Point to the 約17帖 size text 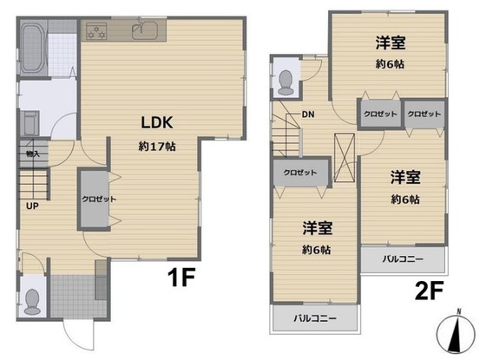[156, 147]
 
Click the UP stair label [31, 206]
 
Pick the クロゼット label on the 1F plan [93, 199]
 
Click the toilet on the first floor [33, 299]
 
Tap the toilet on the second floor [286, 80]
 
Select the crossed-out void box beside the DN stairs [345, 160]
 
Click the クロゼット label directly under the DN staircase [300, 172]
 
